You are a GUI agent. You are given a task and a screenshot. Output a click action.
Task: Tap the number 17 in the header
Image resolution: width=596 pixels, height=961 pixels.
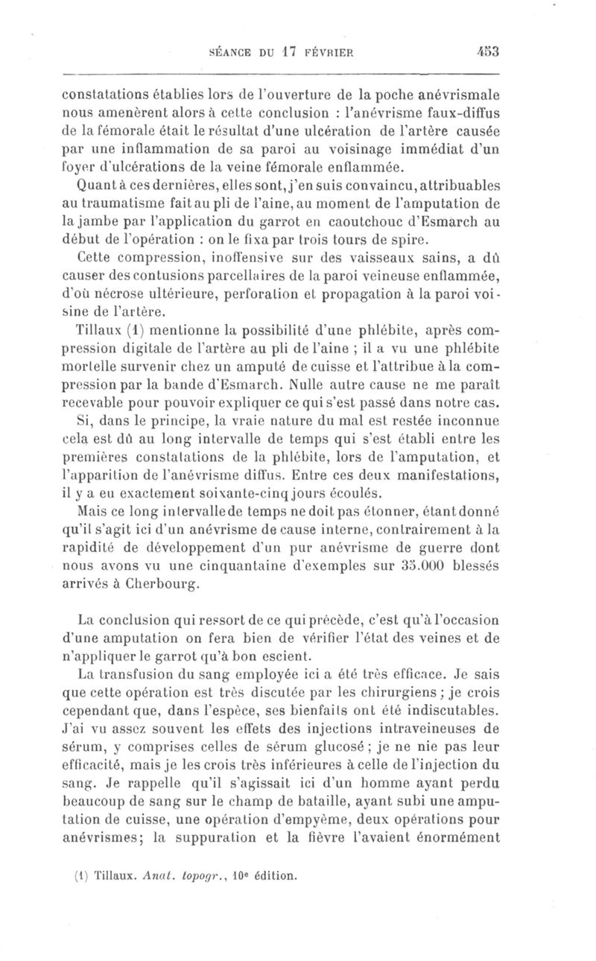[290, 53]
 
